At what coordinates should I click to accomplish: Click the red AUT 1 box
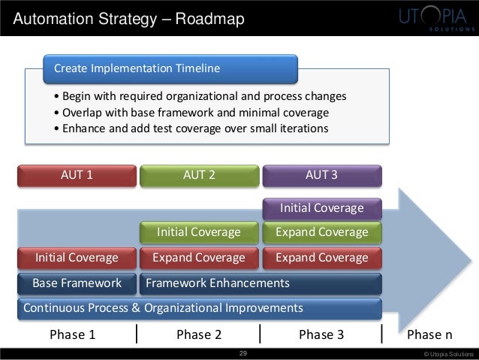(x=77, y=176)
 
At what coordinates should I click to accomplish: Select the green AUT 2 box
(x=199, y=176)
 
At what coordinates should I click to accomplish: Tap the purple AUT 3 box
(x=321, y=176)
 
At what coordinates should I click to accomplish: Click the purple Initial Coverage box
(x=321, y=207)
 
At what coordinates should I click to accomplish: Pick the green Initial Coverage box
(x=199, y=232)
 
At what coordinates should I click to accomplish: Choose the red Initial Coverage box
(x=77, y=258)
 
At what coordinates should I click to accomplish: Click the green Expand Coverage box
(x=321, y=232)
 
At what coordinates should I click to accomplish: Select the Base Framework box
(x=77, y=283)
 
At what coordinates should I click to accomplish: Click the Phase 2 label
(x=199, y=335)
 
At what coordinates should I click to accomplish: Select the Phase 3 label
(x=321, y=335)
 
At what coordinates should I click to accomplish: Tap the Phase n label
(x=430, y=335)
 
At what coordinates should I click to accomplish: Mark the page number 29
(x=242, y=353)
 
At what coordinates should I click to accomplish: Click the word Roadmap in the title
(x=211, y=18)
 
